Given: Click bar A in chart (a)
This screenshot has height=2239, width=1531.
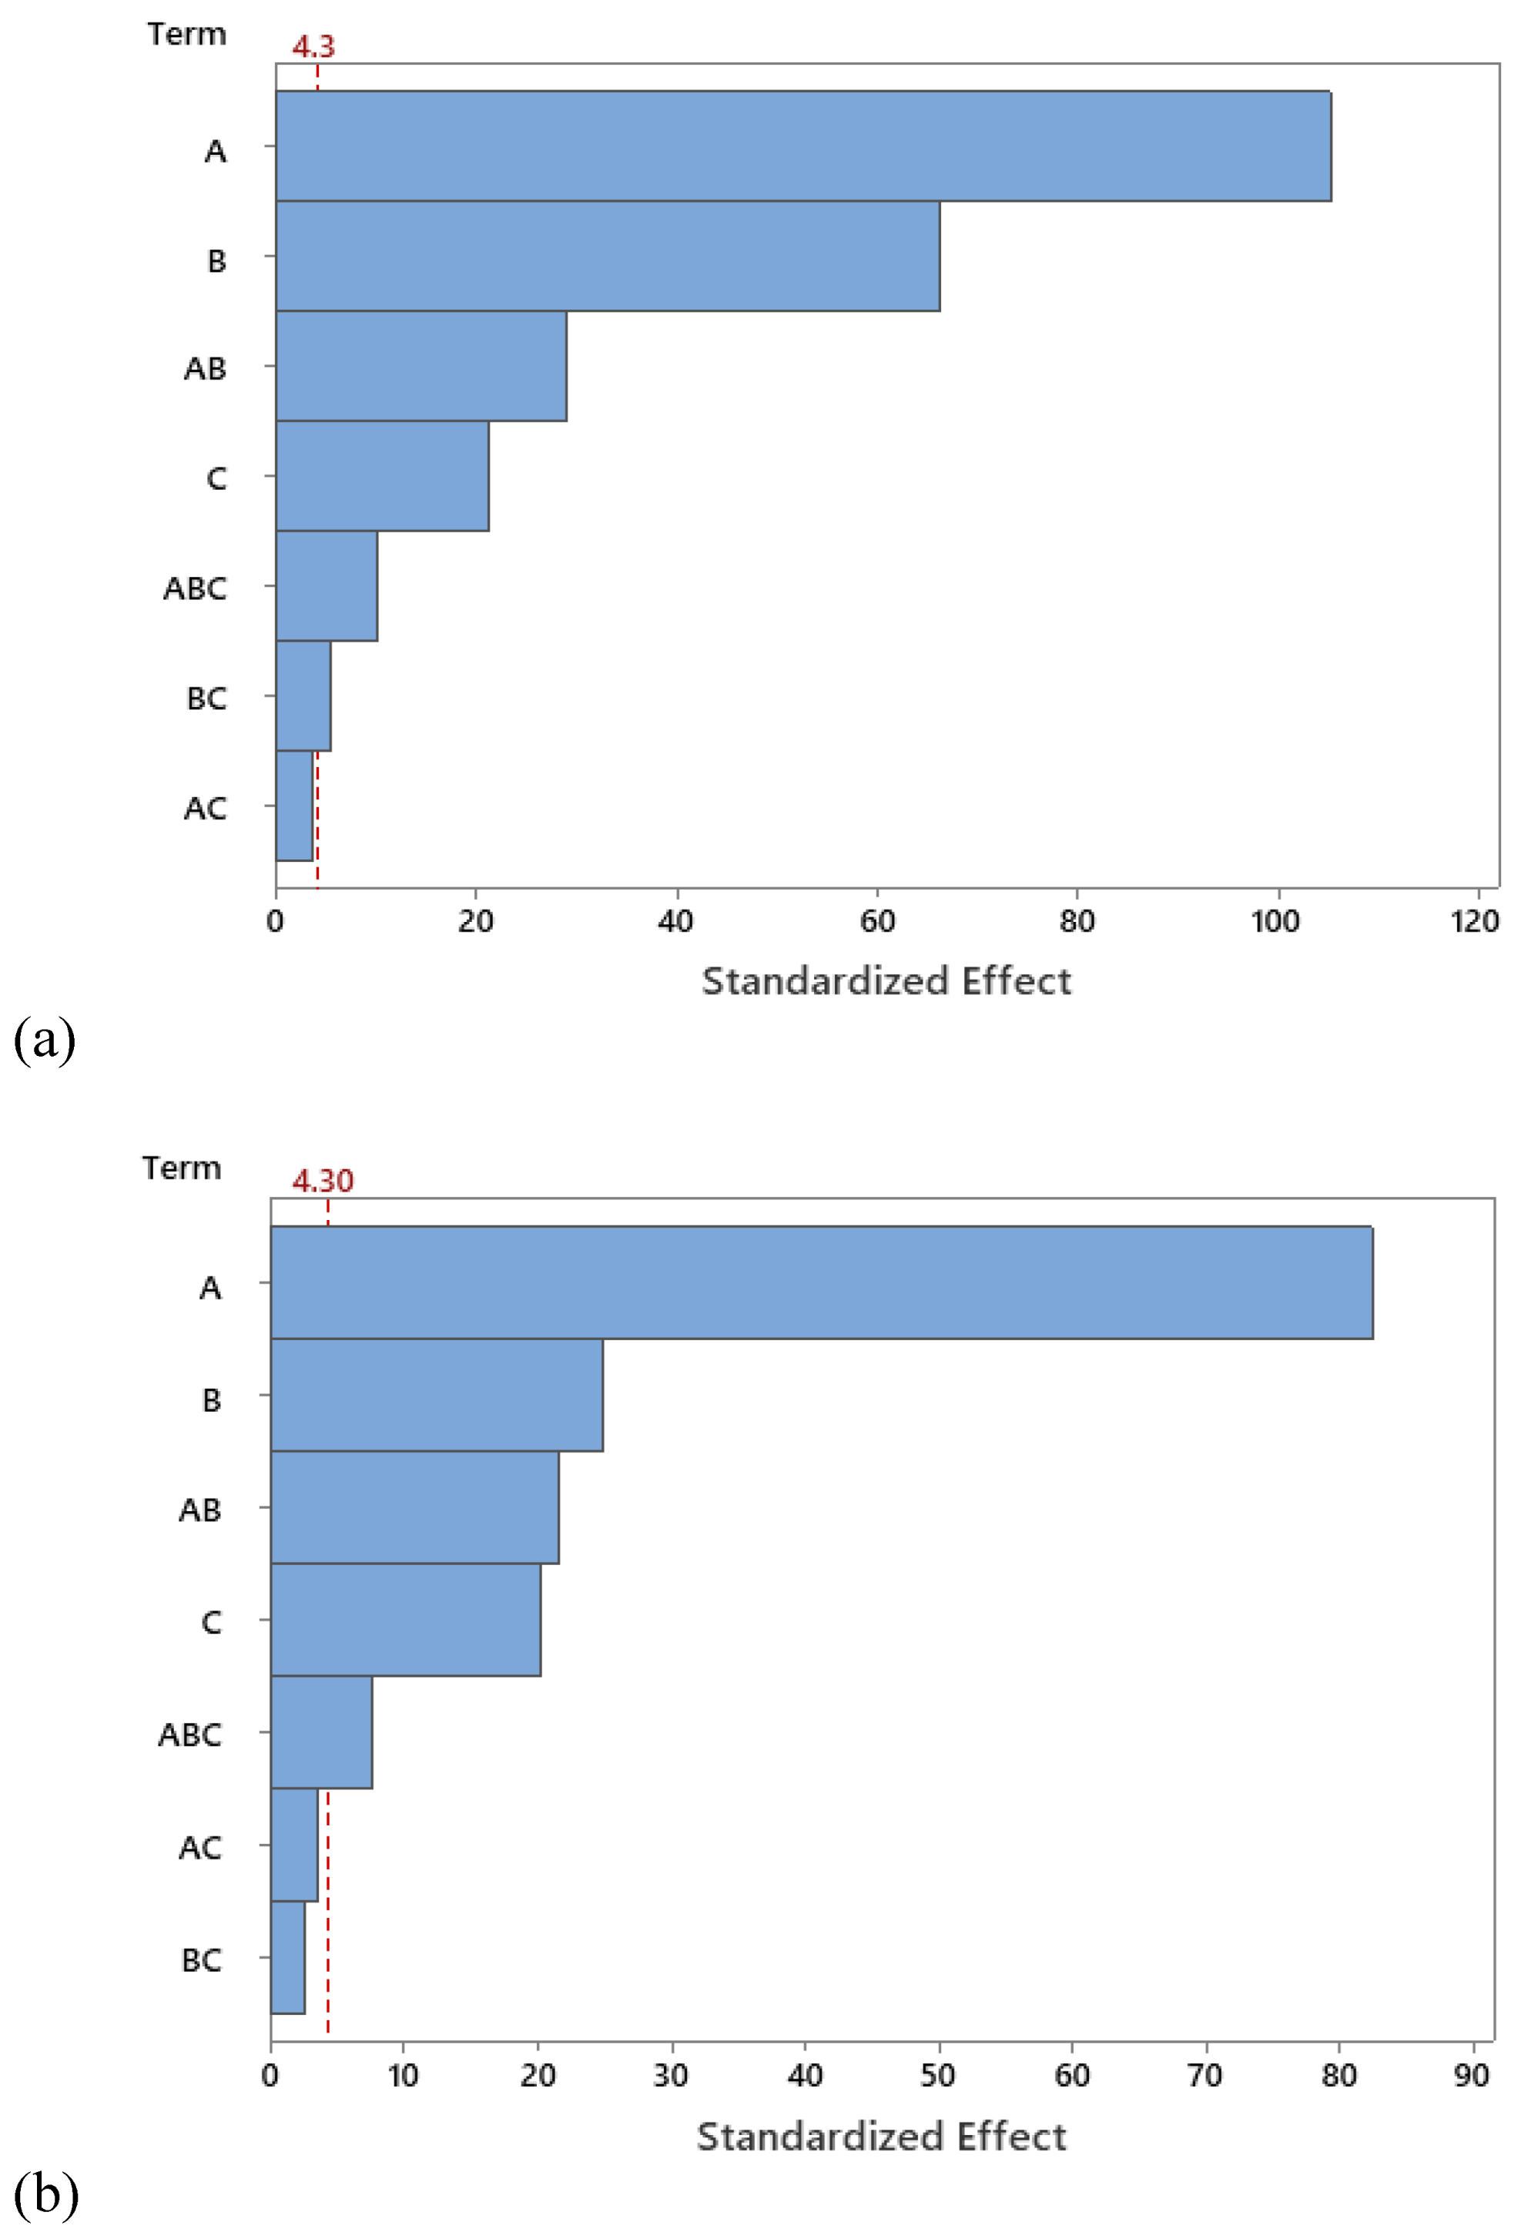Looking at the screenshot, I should tap(802, 146).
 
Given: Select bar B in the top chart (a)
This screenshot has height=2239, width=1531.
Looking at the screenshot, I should tap(607, 256).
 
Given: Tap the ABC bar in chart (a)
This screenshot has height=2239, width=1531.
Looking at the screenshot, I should tap(327, 586).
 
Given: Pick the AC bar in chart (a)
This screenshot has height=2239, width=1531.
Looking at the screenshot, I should tap(294, 806).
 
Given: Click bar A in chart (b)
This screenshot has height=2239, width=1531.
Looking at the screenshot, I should tap(821, 1282).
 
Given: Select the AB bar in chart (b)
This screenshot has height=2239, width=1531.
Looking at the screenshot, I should tap(414, 1507).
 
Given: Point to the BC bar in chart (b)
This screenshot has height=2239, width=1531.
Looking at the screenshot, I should tap(287, 1956).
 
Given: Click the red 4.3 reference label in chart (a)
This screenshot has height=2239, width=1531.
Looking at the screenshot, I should tap(313, 46).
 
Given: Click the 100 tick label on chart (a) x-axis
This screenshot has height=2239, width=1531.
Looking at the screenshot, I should tap(1275, 922).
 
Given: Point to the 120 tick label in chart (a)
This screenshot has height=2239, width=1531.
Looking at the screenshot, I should tap(1474, 922).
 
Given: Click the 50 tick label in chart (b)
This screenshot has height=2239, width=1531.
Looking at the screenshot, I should tap(937, 2074).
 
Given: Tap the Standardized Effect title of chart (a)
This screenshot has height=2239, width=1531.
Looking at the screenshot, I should tap(886, 980).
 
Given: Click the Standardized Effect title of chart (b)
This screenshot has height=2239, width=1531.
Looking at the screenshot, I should tap(881, 2136).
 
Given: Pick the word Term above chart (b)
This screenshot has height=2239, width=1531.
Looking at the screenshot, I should tap(181, 1168).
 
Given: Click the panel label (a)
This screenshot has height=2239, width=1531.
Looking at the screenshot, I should tap(45, 1041).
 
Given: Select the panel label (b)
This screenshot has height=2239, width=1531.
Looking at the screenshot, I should tap(45, 2194).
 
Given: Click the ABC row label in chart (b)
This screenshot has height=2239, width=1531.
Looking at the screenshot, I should tap(189, 1735).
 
